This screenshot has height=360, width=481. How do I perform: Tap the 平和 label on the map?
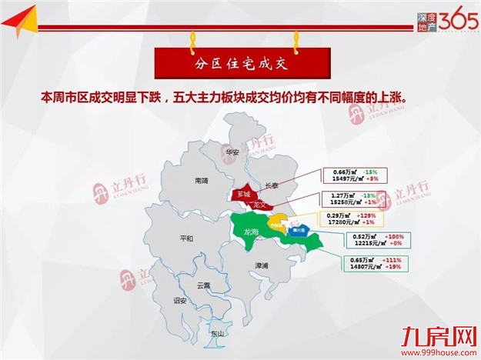point(185,238)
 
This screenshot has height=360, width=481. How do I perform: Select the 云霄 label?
point(204,285)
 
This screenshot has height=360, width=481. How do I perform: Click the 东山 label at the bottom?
point(218,334)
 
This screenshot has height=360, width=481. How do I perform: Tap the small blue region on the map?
point(295,229)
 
